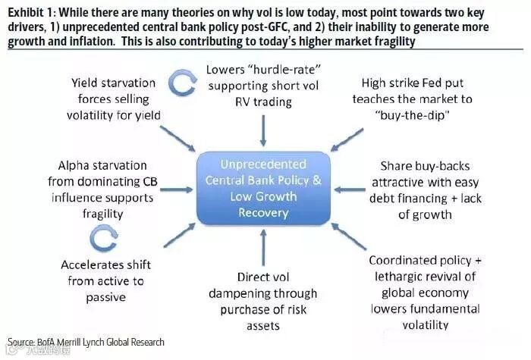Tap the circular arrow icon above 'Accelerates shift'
[x=102, y=239]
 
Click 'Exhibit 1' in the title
[x=30, y=11]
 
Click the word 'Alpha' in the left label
[x=73, y=164]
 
